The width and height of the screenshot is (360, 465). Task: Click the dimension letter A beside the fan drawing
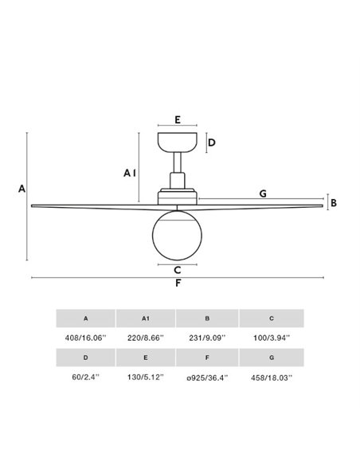coord(22,189)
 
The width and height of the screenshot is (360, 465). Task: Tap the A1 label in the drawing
coord(130,173)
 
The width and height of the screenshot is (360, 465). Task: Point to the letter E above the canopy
coord(178,119)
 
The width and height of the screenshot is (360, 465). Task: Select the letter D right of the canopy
coord(211,143)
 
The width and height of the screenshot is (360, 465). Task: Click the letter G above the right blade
coord(263,193)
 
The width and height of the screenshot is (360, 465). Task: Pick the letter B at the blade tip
coord(334,203)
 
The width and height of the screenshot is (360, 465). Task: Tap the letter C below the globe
coord(178,270)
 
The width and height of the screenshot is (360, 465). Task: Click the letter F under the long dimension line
coord(178,283)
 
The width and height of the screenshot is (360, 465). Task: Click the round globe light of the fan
coord(177,235)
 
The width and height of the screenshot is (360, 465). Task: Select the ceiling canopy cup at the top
coord(178,143)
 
